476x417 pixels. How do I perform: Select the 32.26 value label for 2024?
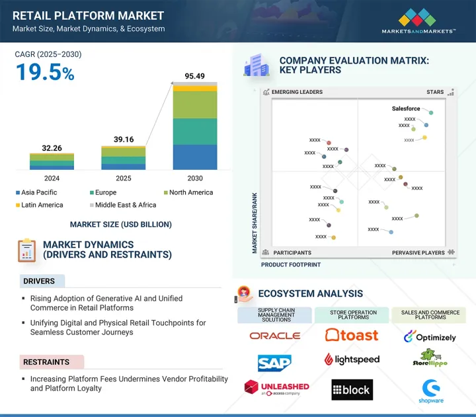pos(52,148)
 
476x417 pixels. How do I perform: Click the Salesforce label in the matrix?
pos(405,108)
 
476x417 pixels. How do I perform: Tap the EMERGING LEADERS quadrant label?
pos(297,93)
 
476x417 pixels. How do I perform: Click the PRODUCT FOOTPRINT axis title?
pos(291,264)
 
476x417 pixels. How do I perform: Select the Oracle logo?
pos(274,336)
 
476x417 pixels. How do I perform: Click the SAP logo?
pos(274,362)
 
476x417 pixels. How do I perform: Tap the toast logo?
pos(352,335)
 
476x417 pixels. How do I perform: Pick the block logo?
pos(352,390)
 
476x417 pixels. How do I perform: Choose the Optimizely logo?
pos(430,337)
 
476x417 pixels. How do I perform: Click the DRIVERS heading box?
pos(42,281)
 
